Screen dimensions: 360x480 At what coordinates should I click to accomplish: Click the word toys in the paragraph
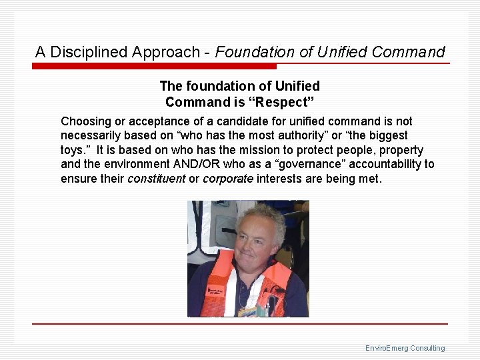click(73, 150)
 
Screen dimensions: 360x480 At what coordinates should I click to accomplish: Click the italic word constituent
click(157, 179)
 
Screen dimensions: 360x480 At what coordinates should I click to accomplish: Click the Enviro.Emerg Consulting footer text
click(405, 348)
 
